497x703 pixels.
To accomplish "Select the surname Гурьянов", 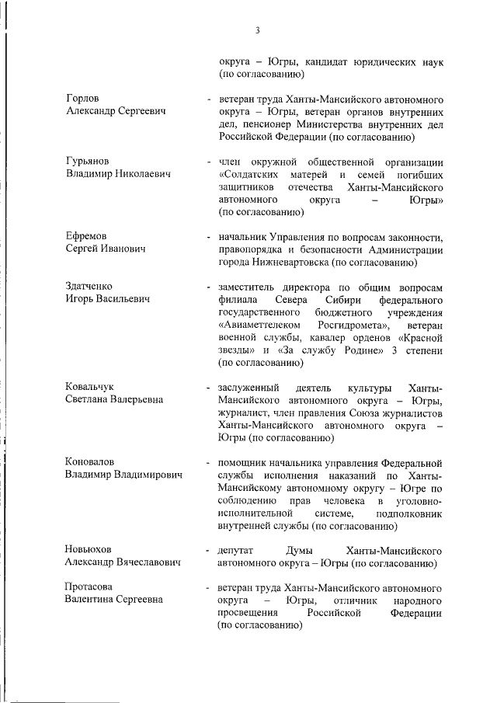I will pos(88,161).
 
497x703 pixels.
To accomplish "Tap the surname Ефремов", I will pos(86,235).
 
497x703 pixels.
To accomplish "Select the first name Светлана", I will pos(89,400).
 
